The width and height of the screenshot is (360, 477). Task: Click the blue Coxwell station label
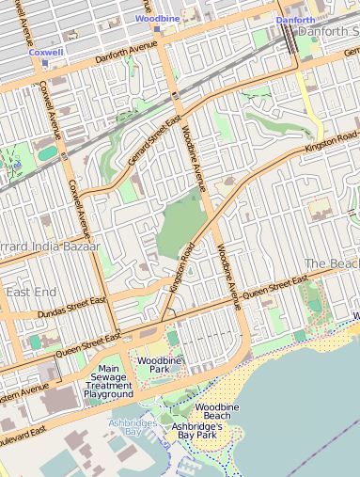point(45,53)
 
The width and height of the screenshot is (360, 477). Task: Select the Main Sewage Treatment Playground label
point(108,381)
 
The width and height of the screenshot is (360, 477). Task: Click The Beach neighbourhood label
point(331,263)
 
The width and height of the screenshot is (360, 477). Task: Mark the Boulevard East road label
point(23,437)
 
